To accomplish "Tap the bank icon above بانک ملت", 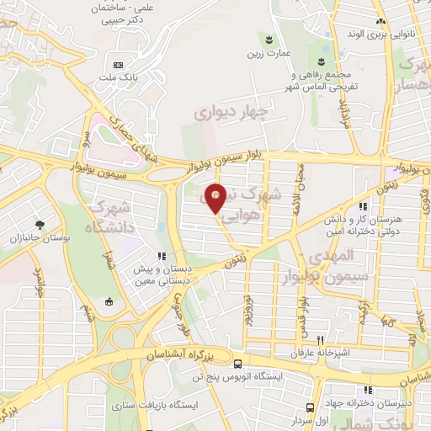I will [x=118, y=65].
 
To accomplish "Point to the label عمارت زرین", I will [x=268, y=53].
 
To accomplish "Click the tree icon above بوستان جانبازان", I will [x=39, y=224].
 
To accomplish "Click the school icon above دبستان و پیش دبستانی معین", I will [x=160, y=257].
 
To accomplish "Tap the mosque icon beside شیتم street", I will [x=108, y=301].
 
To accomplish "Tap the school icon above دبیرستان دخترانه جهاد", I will [x=367, y=390].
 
